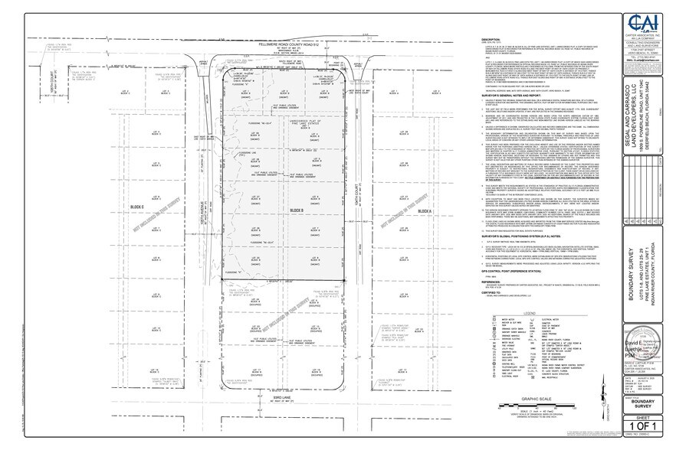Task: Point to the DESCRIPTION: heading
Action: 491,39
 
